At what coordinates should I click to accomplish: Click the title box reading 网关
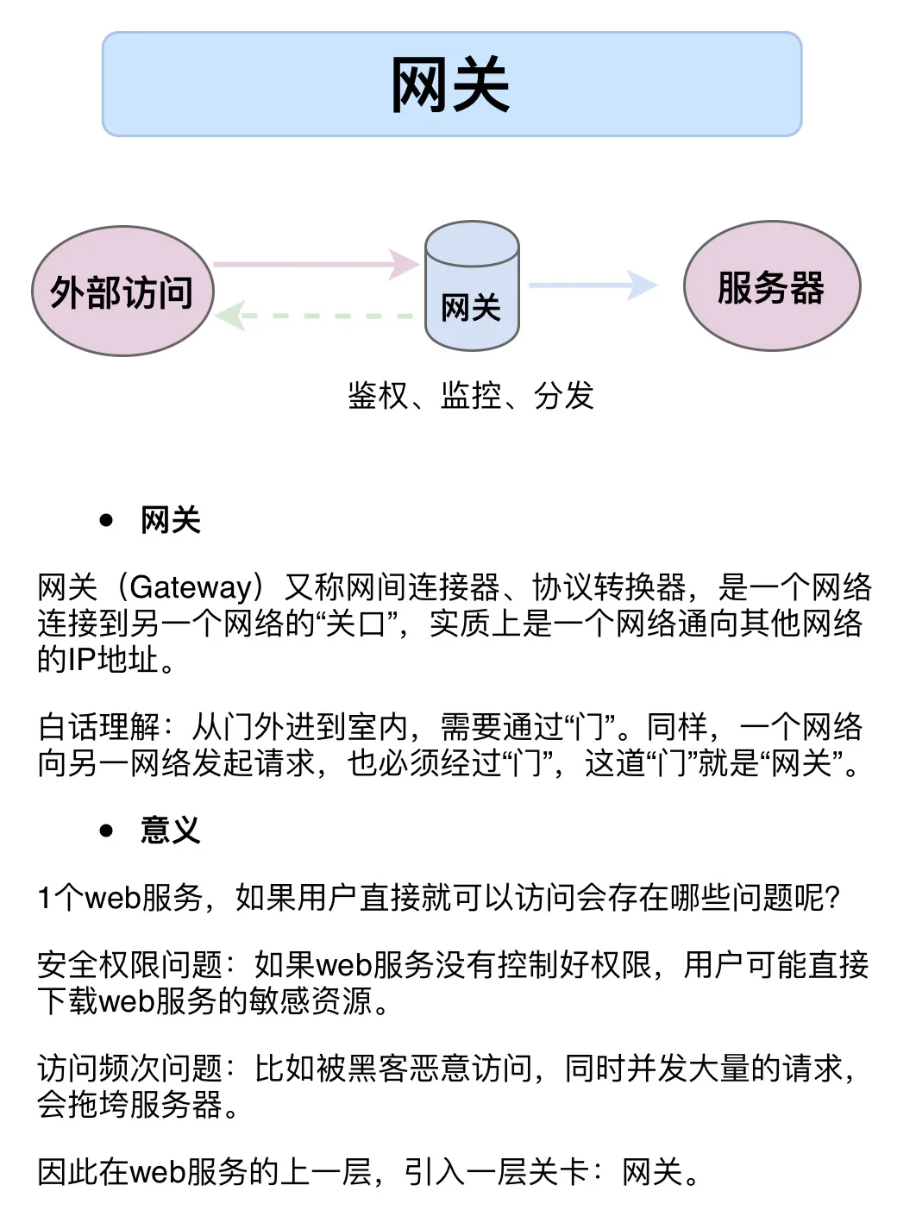tap(451, 85)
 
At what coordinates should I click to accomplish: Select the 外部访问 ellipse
tap(122, 292)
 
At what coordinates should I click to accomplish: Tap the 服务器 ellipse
tap(771, 286)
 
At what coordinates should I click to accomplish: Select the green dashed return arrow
tap(316, 317)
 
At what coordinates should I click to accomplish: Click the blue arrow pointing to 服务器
tap(593, 285)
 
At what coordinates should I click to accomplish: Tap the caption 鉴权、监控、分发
tap(471, 396)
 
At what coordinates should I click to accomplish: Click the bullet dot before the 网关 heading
tap(107, 520)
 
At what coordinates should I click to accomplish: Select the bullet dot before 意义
tap(107, 831)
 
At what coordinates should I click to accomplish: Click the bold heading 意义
tap(170, 831)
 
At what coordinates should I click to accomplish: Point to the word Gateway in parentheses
tap(191, 587)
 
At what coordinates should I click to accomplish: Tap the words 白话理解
tap(98, 727)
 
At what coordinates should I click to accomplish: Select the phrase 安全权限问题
tap(129, 965)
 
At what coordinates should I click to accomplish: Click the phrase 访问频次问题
tap(129, 1069)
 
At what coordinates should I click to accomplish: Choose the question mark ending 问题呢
tap(832, 898)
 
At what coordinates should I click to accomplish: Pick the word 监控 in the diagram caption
tap(471, 396)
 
